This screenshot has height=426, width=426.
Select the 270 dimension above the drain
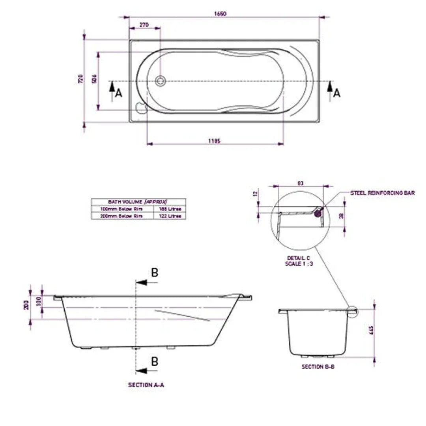point(144,24)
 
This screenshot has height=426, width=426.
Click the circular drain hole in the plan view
point(160,81)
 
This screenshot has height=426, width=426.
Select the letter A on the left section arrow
point(119,93)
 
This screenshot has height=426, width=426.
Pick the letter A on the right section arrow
point(336,93)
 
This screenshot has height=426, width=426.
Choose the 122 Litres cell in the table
point(170,216)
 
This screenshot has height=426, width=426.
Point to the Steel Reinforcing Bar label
point(382,193)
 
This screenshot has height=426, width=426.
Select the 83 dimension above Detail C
point(301,183)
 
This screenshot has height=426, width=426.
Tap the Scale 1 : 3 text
point(299,263)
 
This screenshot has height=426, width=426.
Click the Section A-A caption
point(146,385)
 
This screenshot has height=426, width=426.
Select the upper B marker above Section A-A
point(155,273)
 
